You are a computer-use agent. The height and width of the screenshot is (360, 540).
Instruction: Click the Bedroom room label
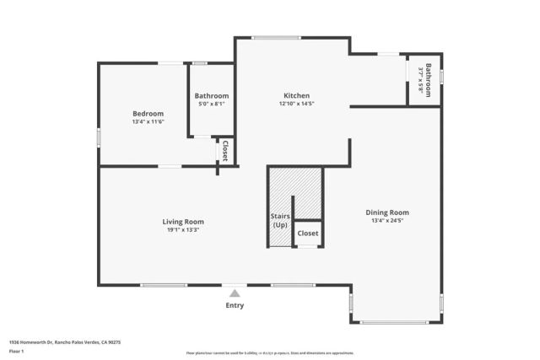(148, 113)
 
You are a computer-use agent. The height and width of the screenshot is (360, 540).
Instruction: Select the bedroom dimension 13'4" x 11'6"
(148, 121)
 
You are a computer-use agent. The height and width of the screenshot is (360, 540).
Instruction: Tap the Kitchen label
(296, 95)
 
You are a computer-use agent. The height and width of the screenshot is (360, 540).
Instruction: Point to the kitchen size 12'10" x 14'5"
(296, 104)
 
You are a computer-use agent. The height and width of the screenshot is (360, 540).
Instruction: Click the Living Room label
(183, 222)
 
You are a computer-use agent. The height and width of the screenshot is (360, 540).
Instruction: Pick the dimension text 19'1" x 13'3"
(183, 230)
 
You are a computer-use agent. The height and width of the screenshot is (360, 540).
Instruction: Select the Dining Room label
(387, 212)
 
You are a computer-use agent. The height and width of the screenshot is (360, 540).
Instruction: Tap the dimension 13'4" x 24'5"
(387, 221)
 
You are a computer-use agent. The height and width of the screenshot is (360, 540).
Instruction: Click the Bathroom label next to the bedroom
(211, 96)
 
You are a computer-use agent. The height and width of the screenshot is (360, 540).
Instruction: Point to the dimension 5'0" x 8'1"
(211, 105)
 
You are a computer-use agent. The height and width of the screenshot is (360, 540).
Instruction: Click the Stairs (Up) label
(280, 221)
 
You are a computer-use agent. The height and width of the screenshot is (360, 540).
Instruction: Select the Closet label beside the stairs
(308, 233)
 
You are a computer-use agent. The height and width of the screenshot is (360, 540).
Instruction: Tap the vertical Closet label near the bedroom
(226, 151)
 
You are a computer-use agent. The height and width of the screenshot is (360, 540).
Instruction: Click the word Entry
(235, 305)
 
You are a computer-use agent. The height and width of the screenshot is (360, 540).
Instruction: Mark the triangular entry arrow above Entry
(235, 293)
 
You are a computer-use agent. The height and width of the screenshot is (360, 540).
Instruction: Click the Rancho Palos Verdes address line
(65, 342)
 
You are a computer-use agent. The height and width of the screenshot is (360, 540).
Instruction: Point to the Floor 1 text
(17, 352)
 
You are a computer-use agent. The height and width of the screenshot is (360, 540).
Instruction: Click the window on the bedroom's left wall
(99, 137)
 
